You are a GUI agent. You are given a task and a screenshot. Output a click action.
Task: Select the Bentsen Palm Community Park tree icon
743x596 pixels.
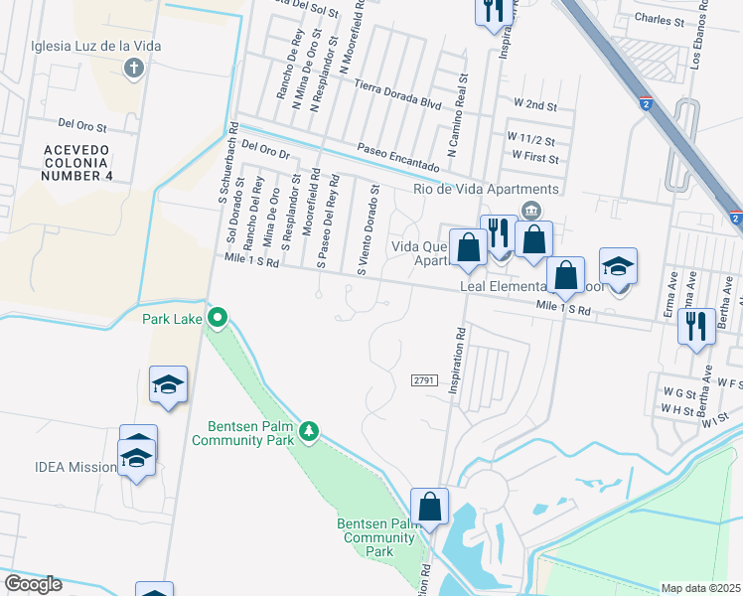(x=309, y=430)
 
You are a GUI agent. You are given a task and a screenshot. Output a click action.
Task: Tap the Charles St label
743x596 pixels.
(x=660, y=20)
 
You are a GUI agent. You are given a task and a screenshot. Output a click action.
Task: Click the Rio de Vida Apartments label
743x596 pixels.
(x=487, y=190)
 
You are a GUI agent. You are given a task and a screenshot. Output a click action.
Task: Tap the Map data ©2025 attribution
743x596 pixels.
(x=701, y=588)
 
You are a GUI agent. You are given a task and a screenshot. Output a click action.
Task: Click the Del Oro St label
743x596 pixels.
(x=82, y=124)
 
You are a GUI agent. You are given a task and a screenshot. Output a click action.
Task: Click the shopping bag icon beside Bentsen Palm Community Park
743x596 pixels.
(x=430, y=506)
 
